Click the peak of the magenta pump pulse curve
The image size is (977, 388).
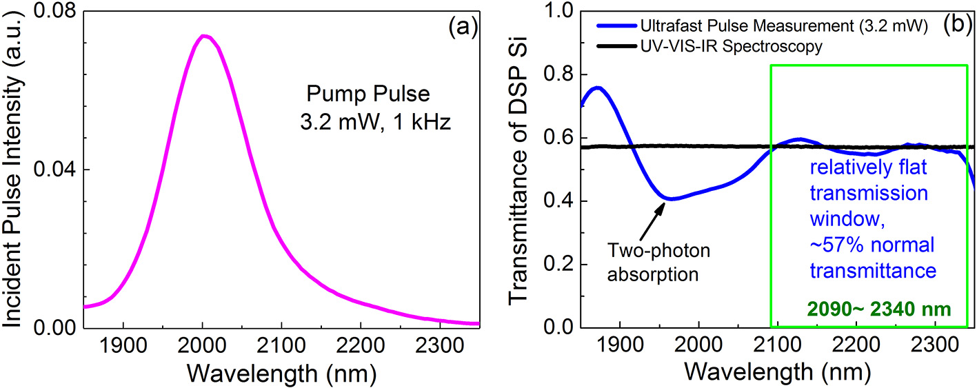coord(203,36)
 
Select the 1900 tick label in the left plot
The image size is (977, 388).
coord(123,344)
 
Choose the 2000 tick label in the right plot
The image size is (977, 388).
coord(699,344)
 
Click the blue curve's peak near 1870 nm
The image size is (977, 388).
coord(598,88)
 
